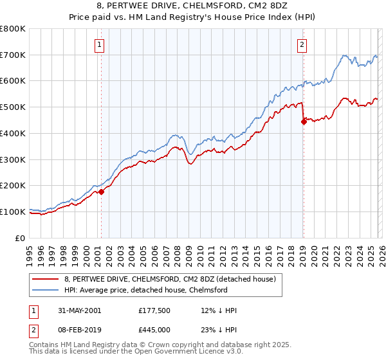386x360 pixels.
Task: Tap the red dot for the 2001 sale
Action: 101,191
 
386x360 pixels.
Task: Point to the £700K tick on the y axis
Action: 13,55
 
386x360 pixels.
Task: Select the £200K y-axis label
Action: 13,185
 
